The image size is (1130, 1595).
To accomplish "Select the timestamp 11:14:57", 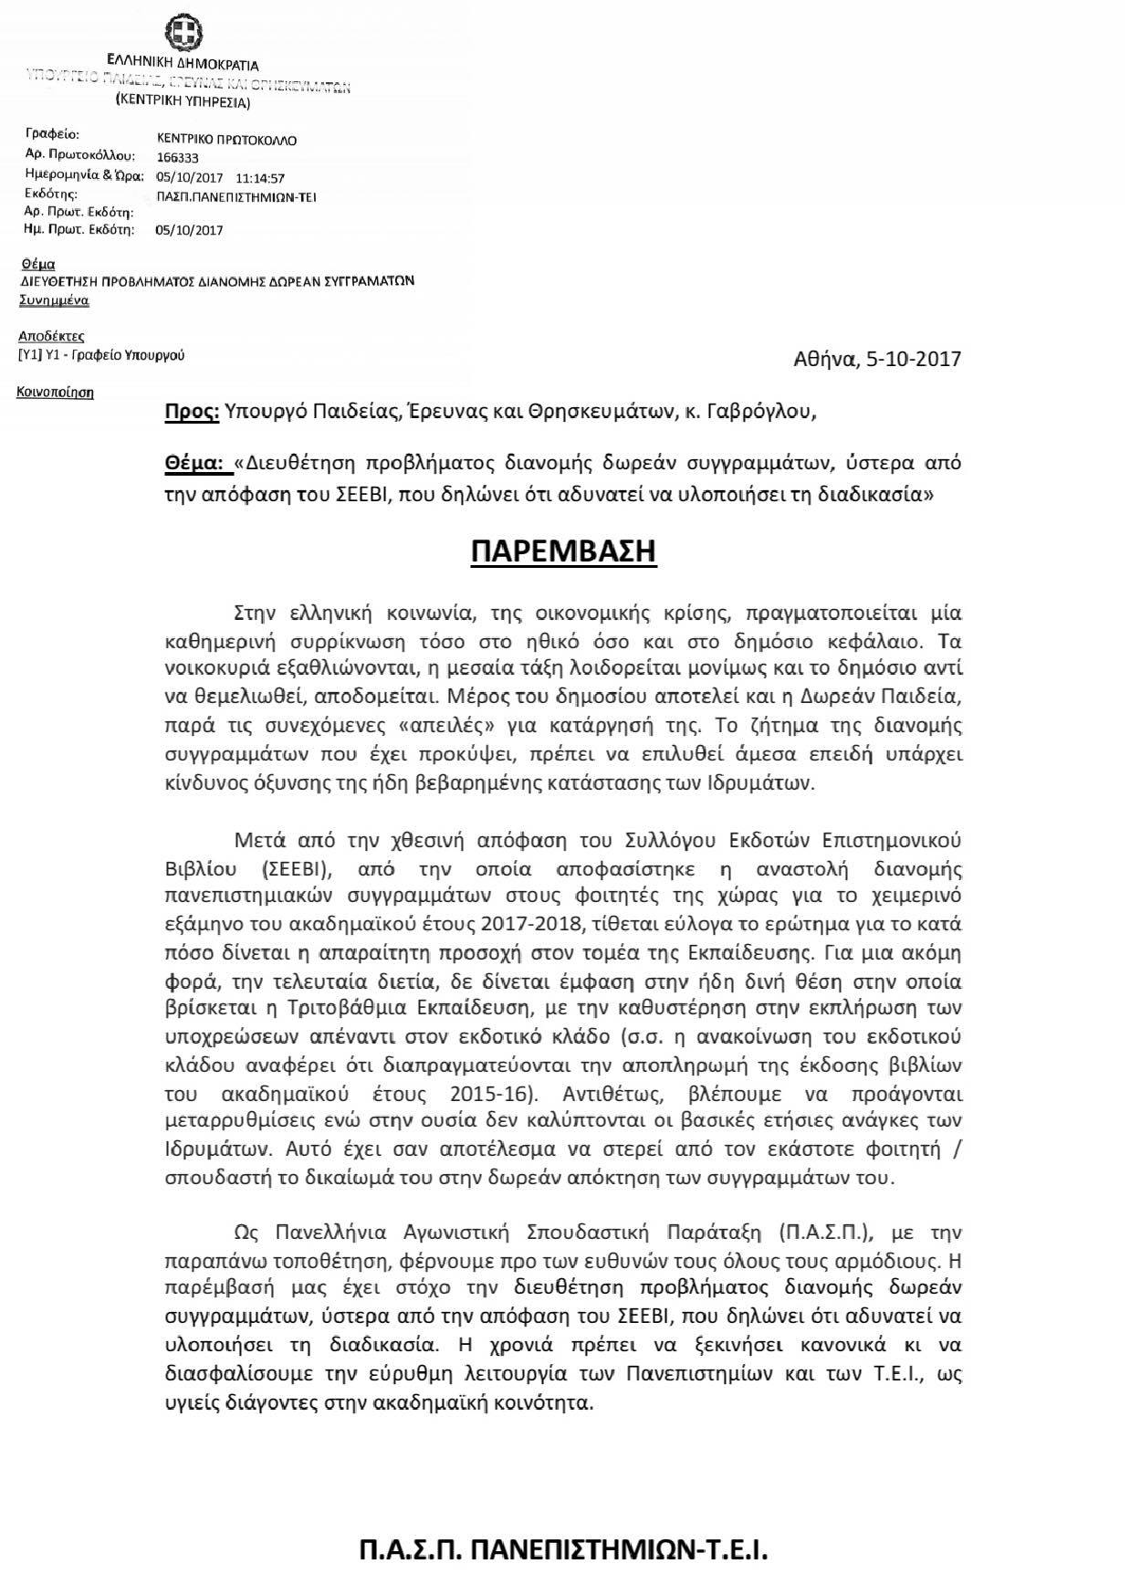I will (260, 178).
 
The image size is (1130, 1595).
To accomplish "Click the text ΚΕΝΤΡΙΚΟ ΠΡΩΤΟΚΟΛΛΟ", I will (226, 141).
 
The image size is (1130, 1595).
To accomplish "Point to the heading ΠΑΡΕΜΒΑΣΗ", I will (564, 552).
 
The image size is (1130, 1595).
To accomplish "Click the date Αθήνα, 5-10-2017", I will (878, 358).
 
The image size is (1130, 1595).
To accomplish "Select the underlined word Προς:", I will (192, 412).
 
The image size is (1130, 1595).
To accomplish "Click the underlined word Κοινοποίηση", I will (56, 394).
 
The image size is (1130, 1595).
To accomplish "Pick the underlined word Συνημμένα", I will (54, 299).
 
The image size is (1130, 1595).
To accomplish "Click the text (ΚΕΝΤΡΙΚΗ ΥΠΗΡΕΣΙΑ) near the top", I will (183, 102).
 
